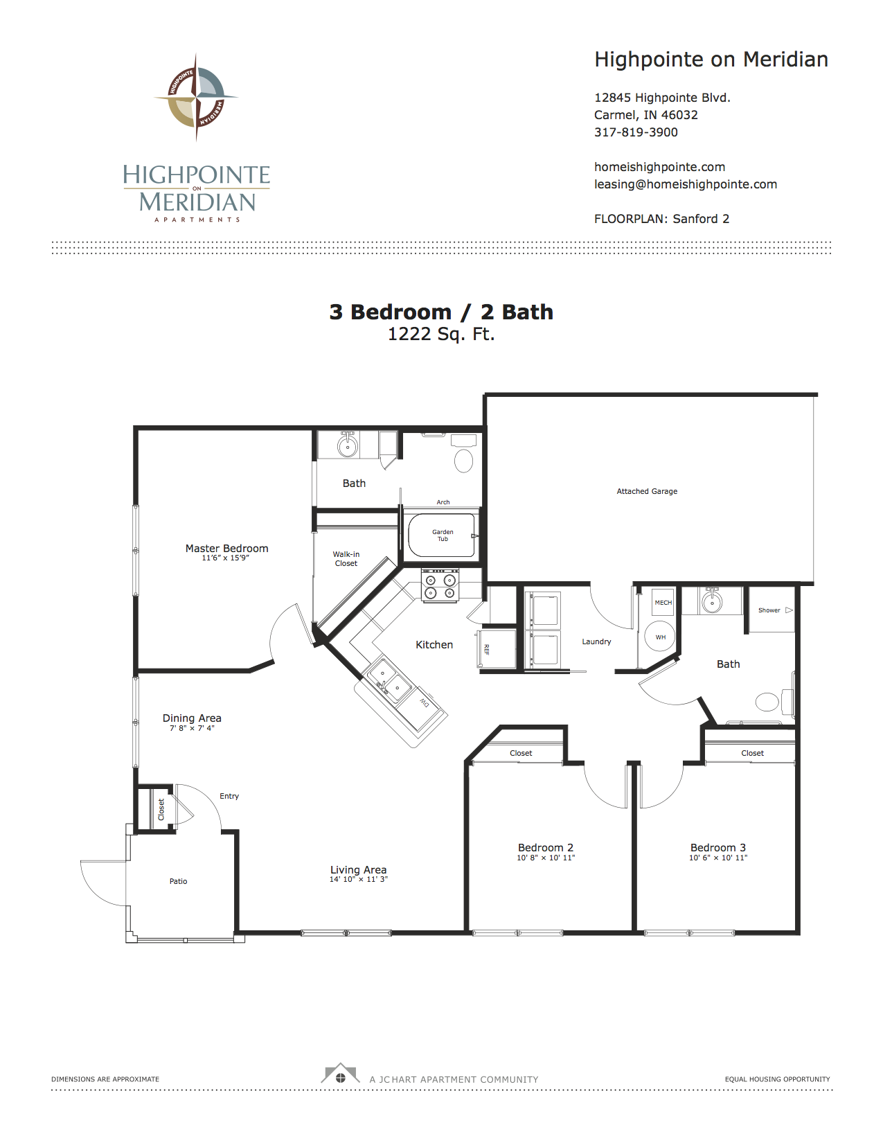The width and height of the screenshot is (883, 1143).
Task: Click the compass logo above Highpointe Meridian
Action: pyautogui.click(x=196, y=97)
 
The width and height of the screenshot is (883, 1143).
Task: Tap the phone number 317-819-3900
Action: pyautogui.click(x=636, y=132)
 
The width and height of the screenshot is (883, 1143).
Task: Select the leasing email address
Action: pyautogui.click(x=685, y=184)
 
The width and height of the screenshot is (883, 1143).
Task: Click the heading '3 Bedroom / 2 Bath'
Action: pyautogui.click(x=441, y=312)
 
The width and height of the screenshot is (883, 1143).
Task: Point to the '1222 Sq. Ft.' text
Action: pyautogui.click(x=441, y=334)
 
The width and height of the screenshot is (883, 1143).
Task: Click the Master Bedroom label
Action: pyautogui.click(x=226, y=548)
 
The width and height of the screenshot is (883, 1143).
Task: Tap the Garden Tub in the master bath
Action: pyautogui.click(x=443, y=535)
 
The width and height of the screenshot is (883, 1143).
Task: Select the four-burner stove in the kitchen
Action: pyautogui.click(x=440, y=585)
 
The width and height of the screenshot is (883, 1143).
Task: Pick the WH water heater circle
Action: pyautogui.click(x=660, y=637)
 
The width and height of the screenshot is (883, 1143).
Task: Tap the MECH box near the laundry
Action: pyautogui.click(x=663, y=602)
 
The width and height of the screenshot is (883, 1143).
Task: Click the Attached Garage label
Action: pyautogui.click(x=647, y=490)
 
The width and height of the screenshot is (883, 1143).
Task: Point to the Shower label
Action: pyautogui.click(x=769, y=610)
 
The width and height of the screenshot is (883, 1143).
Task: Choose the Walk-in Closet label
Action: pyautogui.click(x=346, y=558)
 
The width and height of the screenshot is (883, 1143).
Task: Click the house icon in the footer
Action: pyautogui.click(x=340, y=1074)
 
